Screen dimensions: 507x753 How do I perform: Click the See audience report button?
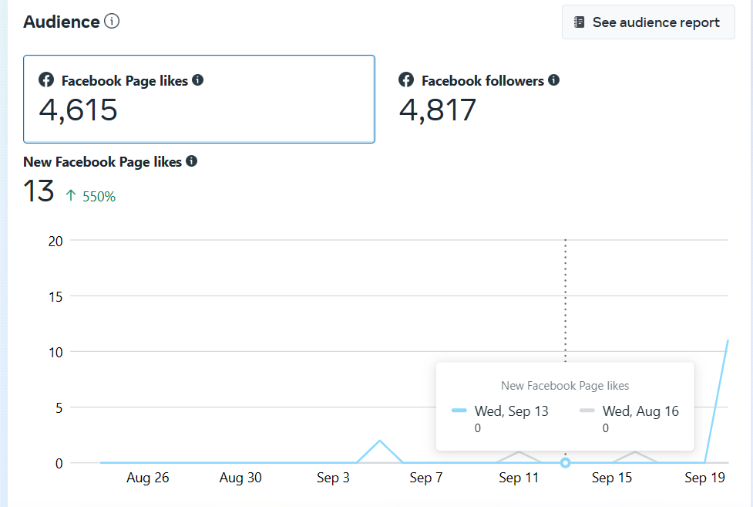[x=647, y=22]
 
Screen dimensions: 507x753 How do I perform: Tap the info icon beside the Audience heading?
[x=112, y=21]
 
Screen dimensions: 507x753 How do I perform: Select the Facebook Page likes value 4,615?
[x=78, y=110]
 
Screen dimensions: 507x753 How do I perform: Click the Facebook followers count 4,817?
[x=438, y=110]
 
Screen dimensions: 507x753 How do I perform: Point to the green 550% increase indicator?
[x=91, y=197]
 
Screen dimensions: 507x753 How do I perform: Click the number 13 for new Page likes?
[x=39, y=191]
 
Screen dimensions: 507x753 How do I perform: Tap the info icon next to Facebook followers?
[x=554, y=80]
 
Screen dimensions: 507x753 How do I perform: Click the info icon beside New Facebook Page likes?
[x=192, y=161]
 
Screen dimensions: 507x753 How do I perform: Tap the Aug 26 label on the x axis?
[x=147, y=478]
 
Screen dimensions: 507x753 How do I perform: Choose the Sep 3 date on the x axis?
[x=334, y=478]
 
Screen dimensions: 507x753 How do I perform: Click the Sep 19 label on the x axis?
[x=705, y=478]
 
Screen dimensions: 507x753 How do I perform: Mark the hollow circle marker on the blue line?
[x=566, y=463]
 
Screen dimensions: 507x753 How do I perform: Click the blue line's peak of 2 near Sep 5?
[x=379, y=441]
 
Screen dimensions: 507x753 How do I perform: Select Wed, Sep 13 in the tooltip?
[x=511, y=411]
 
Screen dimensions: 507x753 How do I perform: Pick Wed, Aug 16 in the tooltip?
[x=640, y=411]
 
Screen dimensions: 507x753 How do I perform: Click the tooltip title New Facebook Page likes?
[x=565, y=386]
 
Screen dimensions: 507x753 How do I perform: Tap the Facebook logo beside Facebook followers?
[x=406, y=80]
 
